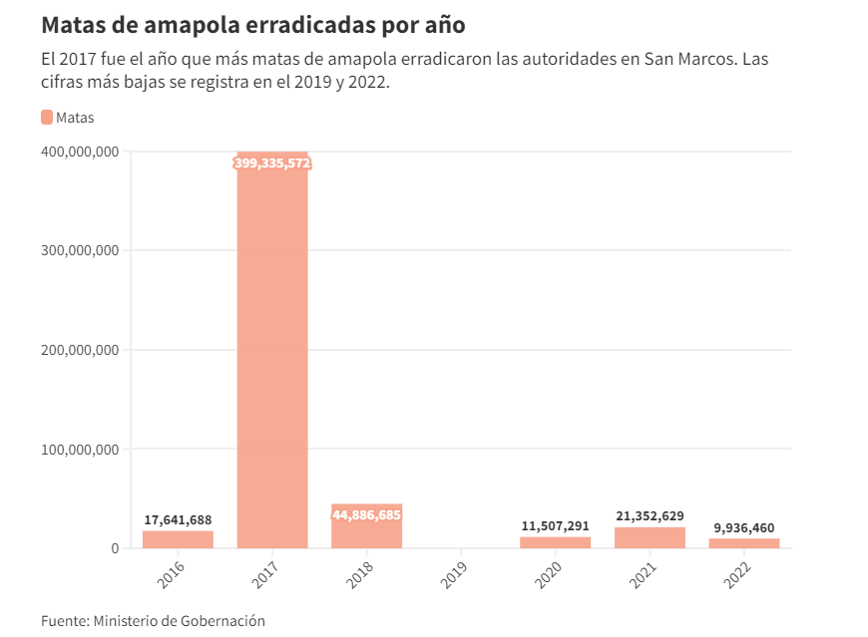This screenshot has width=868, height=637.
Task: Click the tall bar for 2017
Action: (x=272, y=349)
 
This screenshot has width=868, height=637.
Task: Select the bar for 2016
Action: (x=178, y=539)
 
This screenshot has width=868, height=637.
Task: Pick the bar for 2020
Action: (x=555, y=542)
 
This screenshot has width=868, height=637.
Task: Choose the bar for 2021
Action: (x=650, y=537)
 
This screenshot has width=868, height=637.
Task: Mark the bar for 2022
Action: (x=744, y=543)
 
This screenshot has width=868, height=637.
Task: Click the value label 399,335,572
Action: (x=272, y=162)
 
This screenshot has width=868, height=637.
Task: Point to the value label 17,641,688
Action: (x=178, y=519)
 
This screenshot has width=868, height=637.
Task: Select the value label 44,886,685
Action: (x=366, y=514)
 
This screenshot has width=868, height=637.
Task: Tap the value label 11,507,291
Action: (x=555, y=525)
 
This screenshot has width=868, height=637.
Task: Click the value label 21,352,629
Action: (x=650, y=515)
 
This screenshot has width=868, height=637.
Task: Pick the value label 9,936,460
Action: (x=744, y=527)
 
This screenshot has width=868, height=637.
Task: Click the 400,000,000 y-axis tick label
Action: (x=81, y=152)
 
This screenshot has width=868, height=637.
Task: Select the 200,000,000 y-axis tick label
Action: (x=81, y=350)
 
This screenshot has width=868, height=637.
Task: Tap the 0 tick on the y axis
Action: (x=115, y=548)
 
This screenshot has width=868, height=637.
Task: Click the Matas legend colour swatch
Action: (x=47, y=118)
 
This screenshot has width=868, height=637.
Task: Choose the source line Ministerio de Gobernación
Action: (x=179, y=620)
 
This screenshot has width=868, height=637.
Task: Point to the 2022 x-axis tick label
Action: (x=739, y=575)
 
